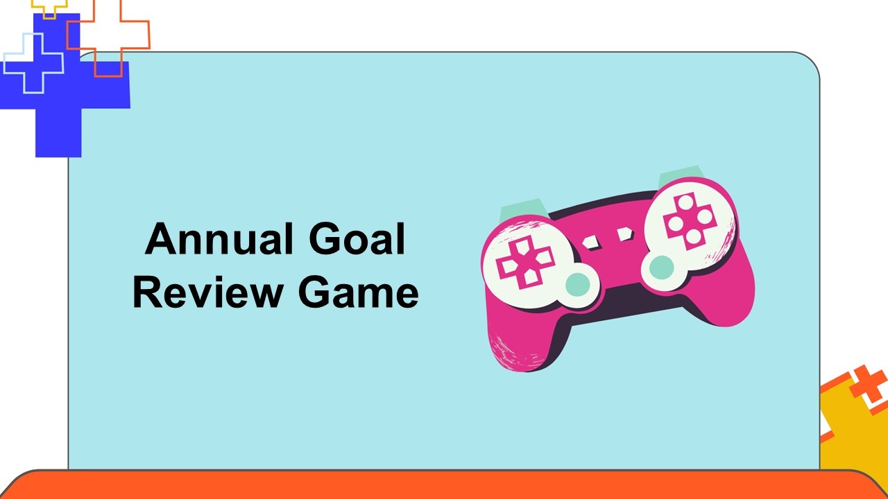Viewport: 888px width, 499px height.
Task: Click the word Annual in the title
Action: (x=219, y=239)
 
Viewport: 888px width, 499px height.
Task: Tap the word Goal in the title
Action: (x=357, y=239)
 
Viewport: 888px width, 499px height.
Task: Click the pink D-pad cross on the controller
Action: (x=524, y=262)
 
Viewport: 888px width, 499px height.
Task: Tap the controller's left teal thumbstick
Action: (x=578, y=284)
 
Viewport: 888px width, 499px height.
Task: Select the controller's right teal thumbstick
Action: (x=661, y=268)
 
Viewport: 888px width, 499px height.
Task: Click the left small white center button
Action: (x=591, y=243)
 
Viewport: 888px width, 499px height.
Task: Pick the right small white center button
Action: (x=625, y=234)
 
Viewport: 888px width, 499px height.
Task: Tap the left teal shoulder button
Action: (x=522, y=209)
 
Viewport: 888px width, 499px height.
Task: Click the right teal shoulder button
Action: (x=681, y=176)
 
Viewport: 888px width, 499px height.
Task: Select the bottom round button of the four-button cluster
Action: (x=694, y=237)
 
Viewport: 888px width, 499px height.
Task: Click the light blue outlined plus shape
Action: (x=33, y=63)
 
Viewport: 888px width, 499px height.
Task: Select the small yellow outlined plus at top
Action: (x=49, y=7)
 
